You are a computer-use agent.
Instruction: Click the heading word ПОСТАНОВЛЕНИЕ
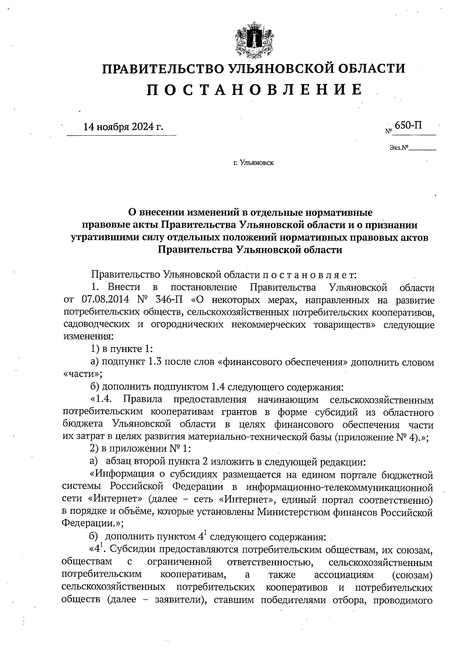click(254, 90)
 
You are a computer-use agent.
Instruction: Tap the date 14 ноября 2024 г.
click(123, 127)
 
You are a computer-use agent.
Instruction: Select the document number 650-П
click(409, 125)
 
